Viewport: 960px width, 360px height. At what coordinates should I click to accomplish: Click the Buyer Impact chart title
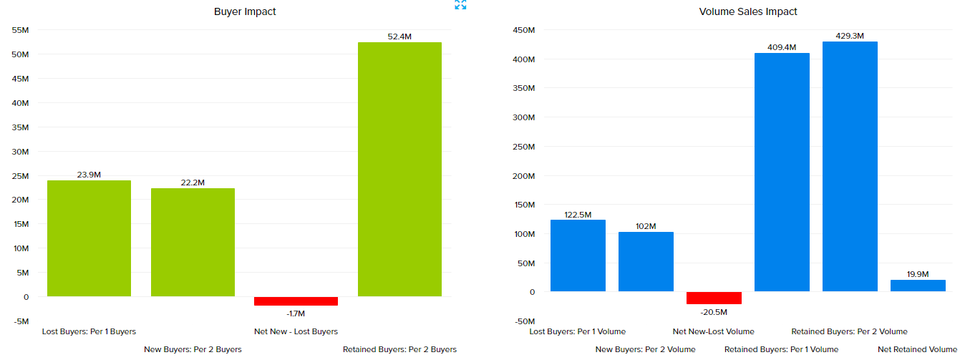point(245,11)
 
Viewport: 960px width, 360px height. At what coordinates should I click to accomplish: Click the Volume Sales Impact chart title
point(748,11)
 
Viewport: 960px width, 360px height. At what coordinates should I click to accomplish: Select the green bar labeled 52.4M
point(399,169)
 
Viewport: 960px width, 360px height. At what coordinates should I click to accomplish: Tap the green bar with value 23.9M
point(89,238)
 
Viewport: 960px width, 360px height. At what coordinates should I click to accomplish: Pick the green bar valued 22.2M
point(193,242)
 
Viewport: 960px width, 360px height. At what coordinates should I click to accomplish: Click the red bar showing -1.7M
point(296,301)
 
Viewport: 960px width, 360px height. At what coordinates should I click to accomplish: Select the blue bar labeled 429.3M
point(850,166)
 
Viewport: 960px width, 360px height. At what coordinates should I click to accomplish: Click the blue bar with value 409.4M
point(782,172)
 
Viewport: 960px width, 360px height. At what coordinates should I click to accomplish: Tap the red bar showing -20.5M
point(714,298)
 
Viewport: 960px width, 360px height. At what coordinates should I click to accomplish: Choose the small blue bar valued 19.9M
point(918,286)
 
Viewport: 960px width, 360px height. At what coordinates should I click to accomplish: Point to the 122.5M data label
point(577,215)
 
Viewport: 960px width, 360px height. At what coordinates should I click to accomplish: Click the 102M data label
point(646,226)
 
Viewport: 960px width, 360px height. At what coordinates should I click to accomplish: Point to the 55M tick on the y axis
point(20,30)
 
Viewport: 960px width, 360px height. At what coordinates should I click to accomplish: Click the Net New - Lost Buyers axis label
point(296,331)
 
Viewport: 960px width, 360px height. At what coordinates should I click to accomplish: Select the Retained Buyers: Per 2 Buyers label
point(399,349)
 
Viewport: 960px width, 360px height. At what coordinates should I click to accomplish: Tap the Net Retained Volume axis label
point(918,349)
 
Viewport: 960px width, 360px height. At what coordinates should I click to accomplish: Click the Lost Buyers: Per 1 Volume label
point(577,331)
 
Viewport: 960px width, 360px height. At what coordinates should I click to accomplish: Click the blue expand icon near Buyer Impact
point(460,5)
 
